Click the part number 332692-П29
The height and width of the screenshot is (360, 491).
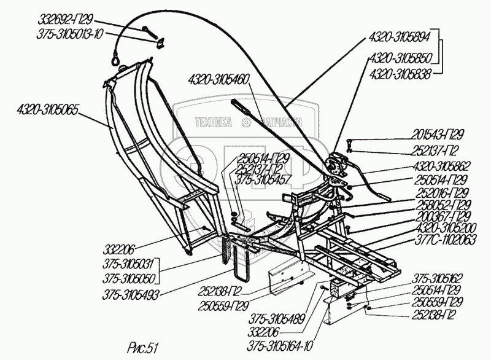point(66,20)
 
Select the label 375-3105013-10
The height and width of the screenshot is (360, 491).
point(69,34)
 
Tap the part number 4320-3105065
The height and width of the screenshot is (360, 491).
point(47,111)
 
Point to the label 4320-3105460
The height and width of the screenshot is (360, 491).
point(218,80)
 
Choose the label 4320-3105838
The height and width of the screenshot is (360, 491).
point(400,75)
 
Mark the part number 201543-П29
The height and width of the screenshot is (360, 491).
point(437,135)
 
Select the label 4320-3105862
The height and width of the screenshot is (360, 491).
point(442,166)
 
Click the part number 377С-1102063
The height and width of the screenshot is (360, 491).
point(446,240)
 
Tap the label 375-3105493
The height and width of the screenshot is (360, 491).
point(131,295)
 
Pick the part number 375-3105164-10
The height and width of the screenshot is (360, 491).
point(280,346)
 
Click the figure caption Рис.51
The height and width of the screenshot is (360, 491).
point(142,348)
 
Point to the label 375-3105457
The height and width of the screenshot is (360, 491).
point(263,180)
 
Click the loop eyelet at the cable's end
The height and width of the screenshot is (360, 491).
point(115,58)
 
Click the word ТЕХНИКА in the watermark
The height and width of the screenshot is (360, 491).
point(214,122)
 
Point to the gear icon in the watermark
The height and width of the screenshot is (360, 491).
point(247,123)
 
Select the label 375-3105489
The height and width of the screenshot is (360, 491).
point(277,319)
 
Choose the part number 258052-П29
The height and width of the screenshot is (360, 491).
point(443,205)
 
